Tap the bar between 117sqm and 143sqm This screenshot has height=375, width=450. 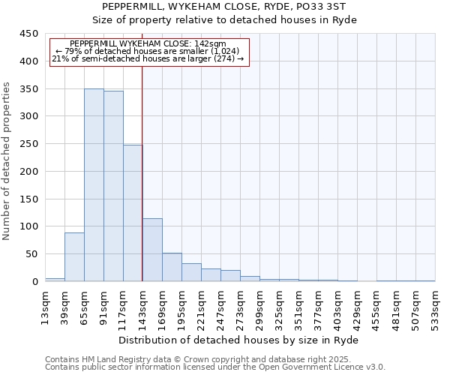[x=133, y=213]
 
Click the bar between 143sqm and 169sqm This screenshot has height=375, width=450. [x=152, y=250]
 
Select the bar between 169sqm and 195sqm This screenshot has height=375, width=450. [x=172, y=267]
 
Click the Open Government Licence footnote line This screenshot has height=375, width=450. [x=214, y=367]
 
